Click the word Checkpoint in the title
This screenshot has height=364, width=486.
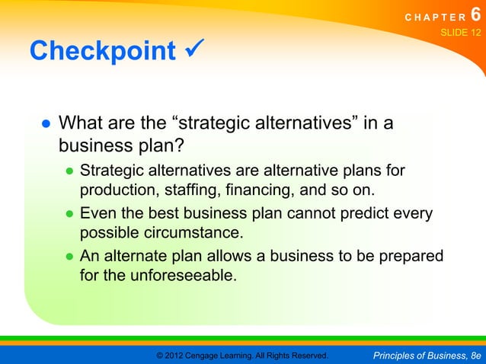coord(103,51)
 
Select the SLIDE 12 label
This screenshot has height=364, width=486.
coord(461,34)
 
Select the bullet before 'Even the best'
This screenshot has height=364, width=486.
coord(69,215)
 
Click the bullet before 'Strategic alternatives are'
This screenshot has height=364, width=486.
coord(69,171)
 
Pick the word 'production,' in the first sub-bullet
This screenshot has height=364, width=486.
coord(119,190)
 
